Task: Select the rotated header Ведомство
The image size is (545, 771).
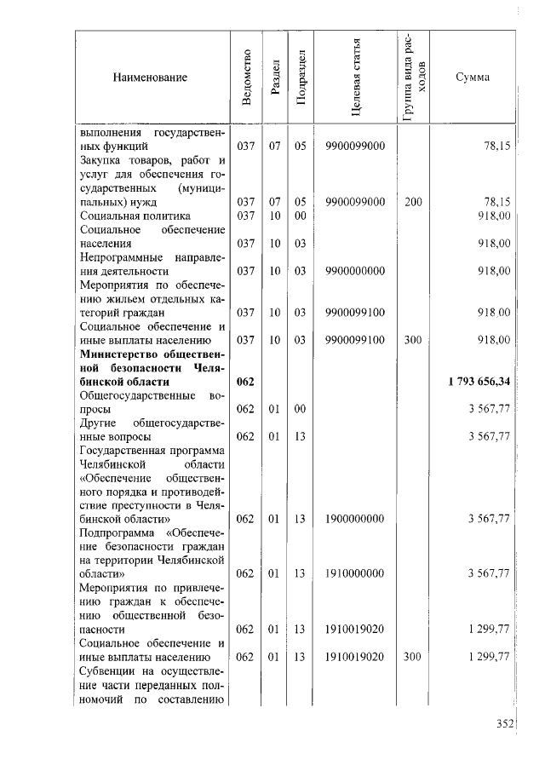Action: tap(246, 78)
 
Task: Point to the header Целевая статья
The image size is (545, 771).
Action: tap(356, 78)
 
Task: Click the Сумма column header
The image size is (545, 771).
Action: tap(473, 78)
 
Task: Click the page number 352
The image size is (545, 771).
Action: tap(507, 724)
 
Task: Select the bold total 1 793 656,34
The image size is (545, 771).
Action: tap(479, 381)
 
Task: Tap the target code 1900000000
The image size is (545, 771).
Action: tap(355, 518)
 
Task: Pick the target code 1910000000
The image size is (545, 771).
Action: tap(355, 573)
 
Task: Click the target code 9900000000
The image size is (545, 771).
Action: tap(355, 271)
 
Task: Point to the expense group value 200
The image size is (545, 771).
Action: tap(414, 202)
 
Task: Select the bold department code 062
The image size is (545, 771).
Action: tap(245, 381)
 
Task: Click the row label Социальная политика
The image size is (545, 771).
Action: tap(123, 216)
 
